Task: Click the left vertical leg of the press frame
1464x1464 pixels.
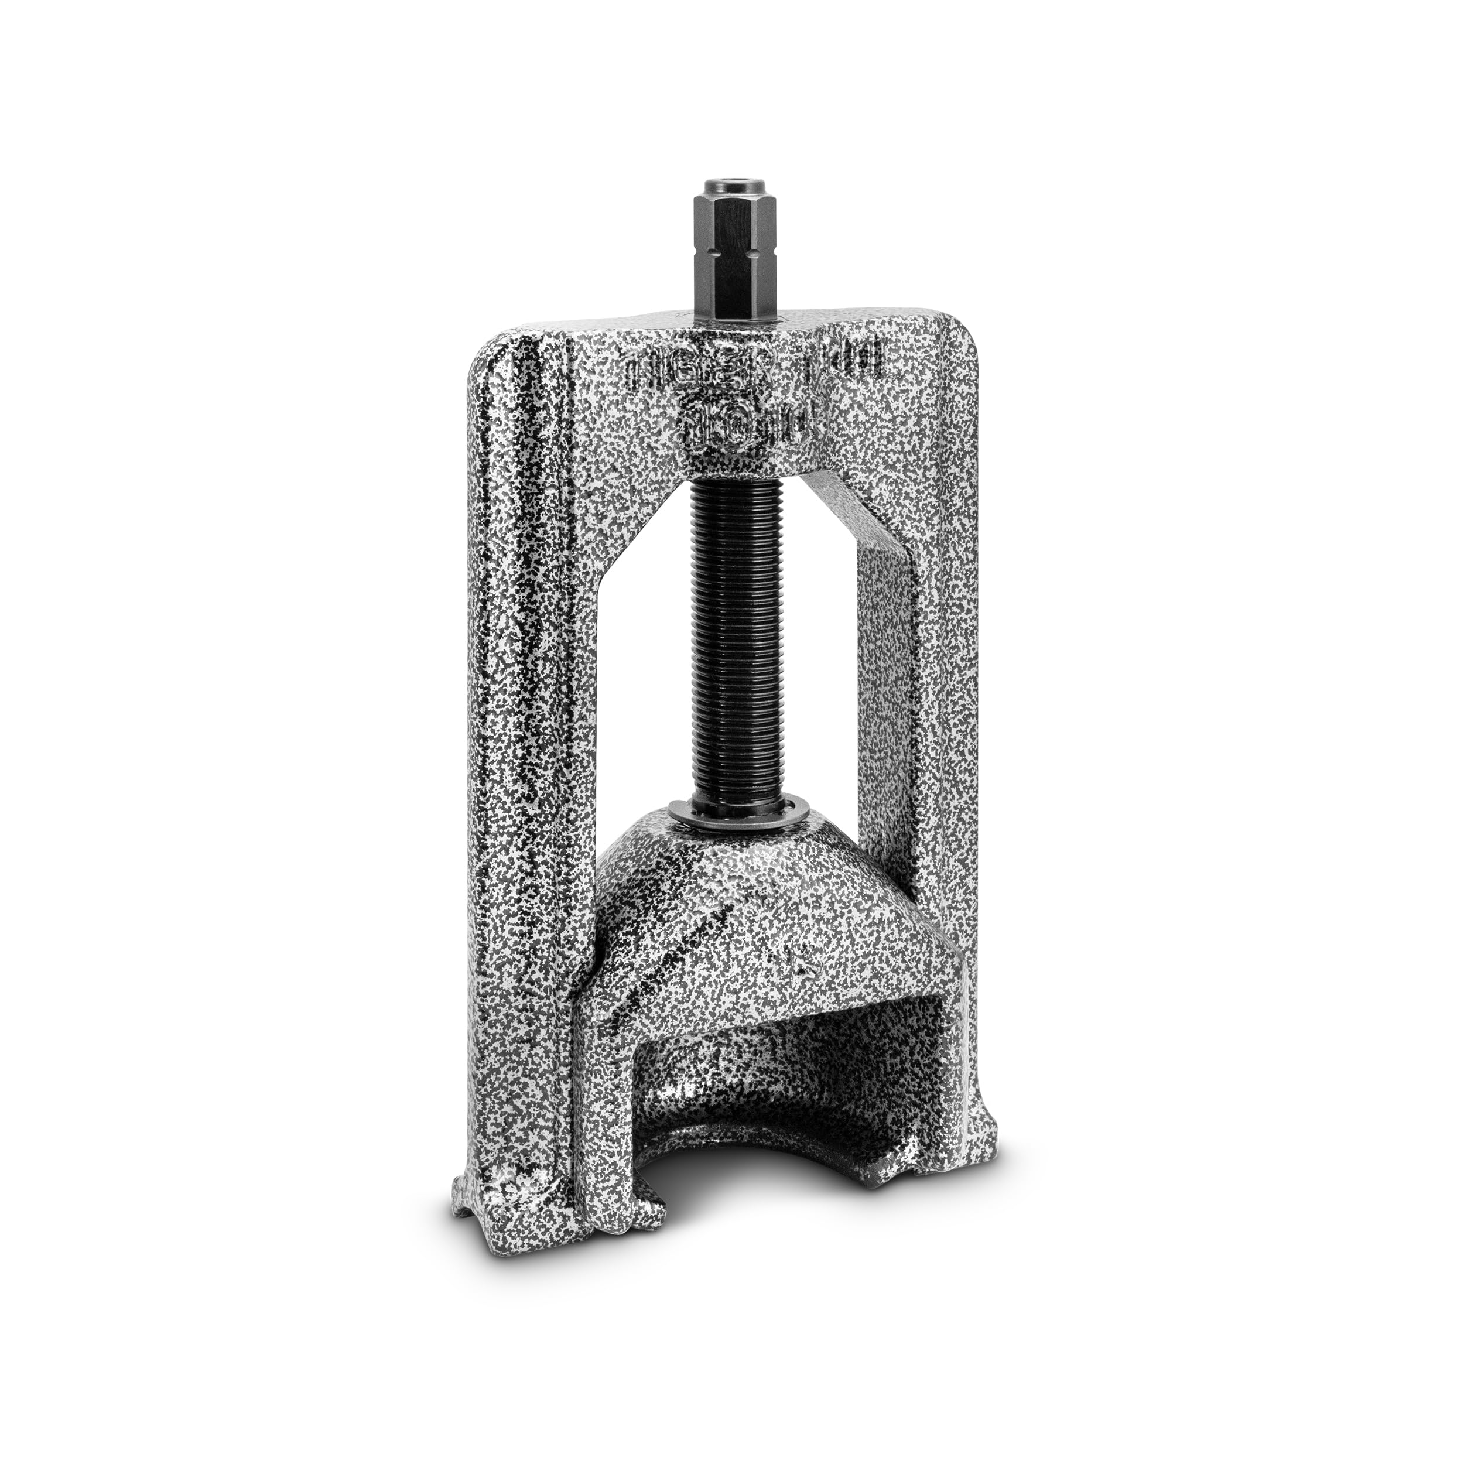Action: click(x=515, y=758)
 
